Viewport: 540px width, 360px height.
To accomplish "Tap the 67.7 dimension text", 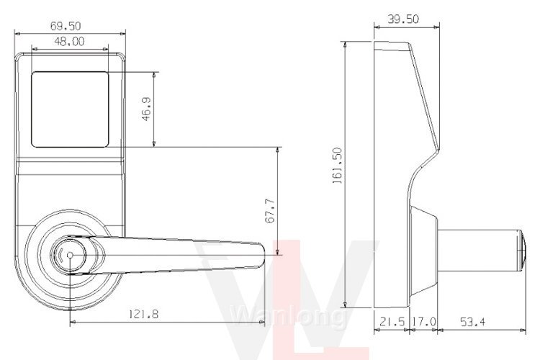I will [x=270, y=212].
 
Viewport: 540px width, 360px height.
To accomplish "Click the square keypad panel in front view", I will [x=71, y=107].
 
